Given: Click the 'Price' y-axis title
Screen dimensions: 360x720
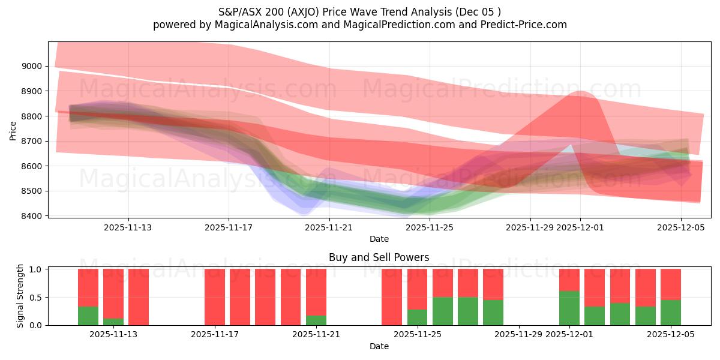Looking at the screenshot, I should click(x=13, y=130).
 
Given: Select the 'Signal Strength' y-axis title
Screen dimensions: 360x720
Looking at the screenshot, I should click(x=20, y=296).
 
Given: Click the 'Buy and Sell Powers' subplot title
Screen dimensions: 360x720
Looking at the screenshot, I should click(x=379, y=257).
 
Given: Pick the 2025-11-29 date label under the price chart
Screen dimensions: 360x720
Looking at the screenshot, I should click(x=530, y=228).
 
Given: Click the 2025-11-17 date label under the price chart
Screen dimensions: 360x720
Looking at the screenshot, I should click(x=229, y=228).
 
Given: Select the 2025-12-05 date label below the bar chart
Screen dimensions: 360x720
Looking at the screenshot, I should click(x=670, y=334).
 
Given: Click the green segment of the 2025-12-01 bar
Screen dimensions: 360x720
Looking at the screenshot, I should click(x=569, y=308).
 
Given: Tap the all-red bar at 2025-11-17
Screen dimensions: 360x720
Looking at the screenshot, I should click(x=215, y=297).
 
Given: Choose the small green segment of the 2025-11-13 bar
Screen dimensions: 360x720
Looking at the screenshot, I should click(x=113, y=322).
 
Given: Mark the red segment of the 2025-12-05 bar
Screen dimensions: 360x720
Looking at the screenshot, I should click(x=670, y=284).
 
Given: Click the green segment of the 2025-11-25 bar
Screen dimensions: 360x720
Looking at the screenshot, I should click(x=417, y=317).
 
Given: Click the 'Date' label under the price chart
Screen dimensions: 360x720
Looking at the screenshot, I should click(x=379, y=239).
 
